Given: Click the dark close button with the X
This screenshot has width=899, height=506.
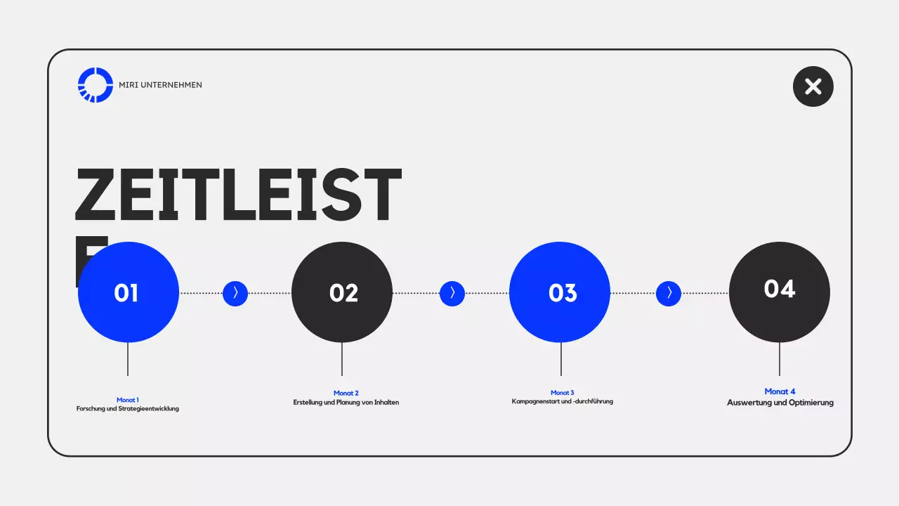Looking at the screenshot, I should coord(813,86).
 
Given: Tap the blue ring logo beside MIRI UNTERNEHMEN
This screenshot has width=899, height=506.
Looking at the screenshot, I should coord(96,85).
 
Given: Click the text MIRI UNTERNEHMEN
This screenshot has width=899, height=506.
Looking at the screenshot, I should coord(161,85).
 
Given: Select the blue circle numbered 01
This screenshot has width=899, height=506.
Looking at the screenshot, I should coord(128,292).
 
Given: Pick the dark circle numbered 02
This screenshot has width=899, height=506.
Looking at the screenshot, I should coord(342,292).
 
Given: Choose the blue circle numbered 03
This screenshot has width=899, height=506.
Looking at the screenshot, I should coord(560,292).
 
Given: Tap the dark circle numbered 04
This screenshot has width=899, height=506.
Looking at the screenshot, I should coord(780,292).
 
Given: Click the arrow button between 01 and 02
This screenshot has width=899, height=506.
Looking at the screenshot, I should coord(235,293).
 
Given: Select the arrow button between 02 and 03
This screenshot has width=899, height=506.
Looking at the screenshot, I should coord(452,293).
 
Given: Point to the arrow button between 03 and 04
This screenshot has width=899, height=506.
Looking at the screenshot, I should coord(669,293).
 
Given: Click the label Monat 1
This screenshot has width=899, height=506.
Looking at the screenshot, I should coord(128,400).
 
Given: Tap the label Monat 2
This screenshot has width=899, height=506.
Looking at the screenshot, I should coord(346,393).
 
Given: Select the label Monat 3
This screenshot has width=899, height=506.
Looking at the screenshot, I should coord(563,393).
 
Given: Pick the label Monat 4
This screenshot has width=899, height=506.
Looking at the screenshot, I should coord(780,391).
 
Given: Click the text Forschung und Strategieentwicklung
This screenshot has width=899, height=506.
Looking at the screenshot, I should coord(128,408).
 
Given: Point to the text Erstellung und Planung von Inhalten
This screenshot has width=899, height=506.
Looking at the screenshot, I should coord(346,402).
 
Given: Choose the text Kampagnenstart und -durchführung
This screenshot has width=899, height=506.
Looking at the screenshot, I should coord(563,401).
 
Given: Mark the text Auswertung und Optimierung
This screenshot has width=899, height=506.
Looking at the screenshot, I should coord(780,403).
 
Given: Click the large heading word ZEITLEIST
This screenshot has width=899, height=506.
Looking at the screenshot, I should coord(238,196).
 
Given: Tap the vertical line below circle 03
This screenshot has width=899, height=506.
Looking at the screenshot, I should coord(561,359).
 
